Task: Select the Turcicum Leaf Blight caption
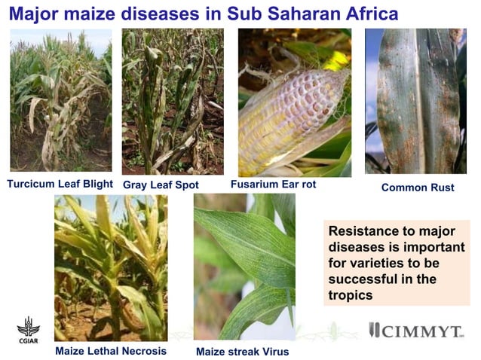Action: [60, 184]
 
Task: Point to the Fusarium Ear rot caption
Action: [272, 185]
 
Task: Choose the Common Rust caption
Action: [418, 188]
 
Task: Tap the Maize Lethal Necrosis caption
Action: [110, 350]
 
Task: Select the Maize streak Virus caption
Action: [242, 351]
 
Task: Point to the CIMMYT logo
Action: [413, 331]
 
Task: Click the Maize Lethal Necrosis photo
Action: [111, 267]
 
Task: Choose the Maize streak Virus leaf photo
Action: [244, 267]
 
